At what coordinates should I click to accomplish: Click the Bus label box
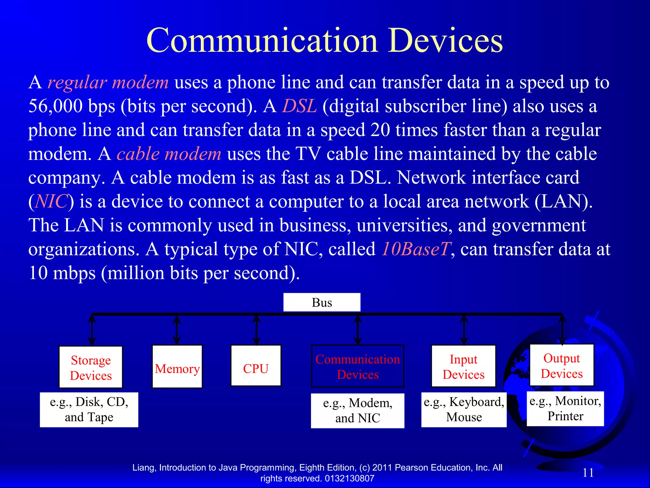(x=322, y=302)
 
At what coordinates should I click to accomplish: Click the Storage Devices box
(x=91, y=367)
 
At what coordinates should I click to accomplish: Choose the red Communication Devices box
(x=358, y=366)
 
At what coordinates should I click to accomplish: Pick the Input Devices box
(x=463, y=366)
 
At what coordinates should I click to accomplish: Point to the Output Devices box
(x=562, y=365)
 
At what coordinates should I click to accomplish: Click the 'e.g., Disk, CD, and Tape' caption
(x=89, y=410)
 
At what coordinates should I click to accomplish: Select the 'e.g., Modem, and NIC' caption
(x=358, y=410)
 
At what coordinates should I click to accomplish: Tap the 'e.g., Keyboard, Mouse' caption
(x=464, y=410)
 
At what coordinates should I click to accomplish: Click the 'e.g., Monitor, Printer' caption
(x=565, y=409)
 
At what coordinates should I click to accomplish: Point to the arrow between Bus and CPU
(x=256, y=330)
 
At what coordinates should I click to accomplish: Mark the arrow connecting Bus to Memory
(x=177, y=330)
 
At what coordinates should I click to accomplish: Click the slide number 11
(x=588, y=472)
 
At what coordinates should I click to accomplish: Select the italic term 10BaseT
(x=416, y=249)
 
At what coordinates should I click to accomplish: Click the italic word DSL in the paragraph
(x=299, y=106)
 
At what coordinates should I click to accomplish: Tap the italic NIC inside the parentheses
(x=51, y=201)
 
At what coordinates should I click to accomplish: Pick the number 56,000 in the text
(x=55, y=106)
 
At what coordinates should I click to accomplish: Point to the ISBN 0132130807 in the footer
(x=349, y=478)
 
